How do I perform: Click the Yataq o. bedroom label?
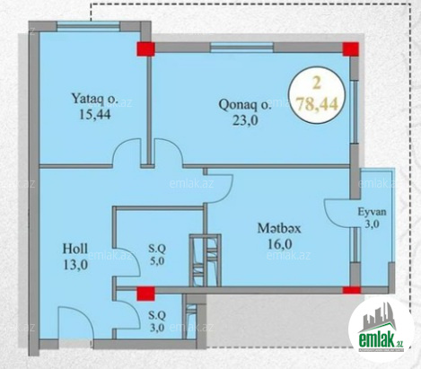[95, 99]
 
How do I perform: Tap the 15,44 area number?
[95, 114]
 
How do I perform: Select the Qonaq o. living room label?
[245, 105]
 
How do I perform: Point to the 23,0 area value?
[245, 121]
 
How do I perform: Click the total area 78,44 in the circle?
[317, 104]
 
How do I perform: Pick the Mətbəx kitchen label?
[279, 228]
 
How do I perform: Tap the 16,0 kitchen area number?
[279, 244]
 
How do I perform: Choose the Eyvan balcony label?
[373, 212]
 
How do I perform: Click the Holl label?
[75, 249]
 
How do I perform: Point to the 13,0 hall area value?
[75, 265]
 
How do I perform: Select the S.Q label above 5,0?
[157, 248]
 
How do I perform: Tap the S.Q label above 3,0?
[157, 315]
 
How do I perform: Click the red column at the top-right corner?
[350, 49]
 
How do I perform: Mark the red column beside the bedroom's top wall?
[145, 49]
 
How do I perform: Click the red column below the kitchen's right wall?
[352, 290]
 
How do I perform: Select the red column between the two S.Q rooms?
[145, 294]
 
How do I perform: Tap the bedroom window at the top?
[88, 25]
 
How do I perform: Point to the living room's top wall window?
[241, 48]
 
